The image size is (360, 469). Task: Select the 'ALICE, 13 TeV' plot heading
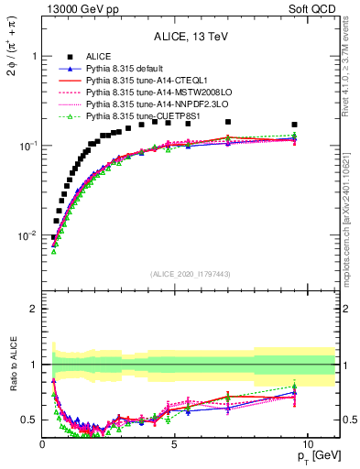tap(191, 37)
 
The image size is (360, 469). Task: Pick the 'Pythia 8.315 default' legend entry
tap(123, 70)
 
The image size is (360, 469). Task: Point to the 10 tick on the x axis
tap(308, 445)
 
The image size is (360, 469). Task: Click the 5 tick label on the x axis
tap(175, 445)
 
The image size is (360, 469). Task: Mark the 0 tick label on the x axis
tap(43, 445)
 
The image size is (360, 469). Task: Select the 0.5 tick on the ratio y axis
tap(29, 420)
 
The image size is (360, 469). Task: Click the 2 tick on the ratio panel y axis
tap(35, 309)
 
